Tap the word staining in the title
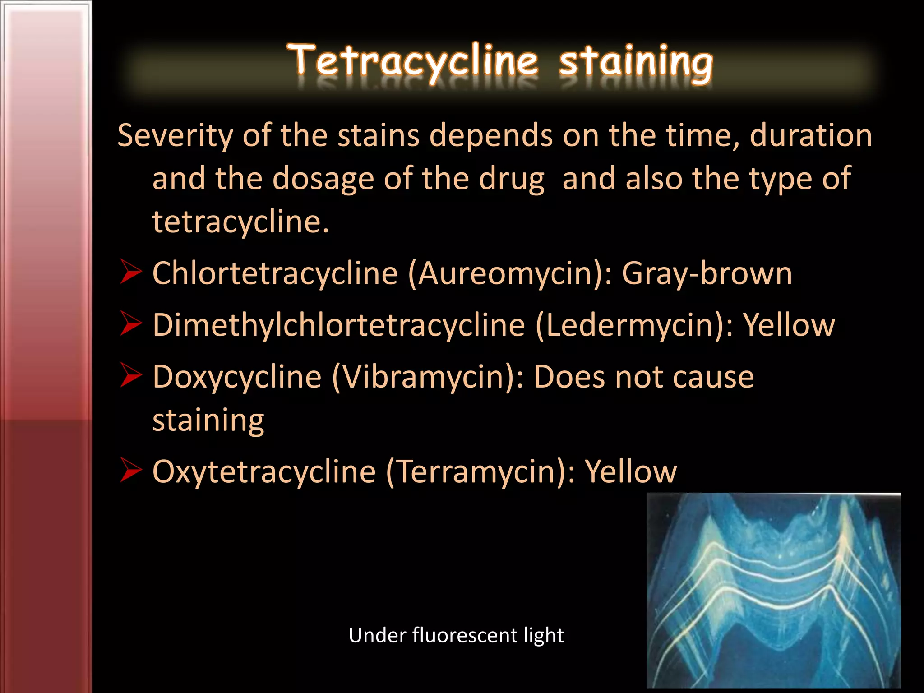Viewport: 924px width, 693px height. [636, 63]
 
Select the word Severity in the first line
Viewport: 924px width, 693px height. [175, 136]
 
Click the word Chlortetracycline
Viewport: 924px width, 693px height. [275, 273]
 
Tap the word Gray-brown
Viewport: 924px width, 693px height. [707, 273]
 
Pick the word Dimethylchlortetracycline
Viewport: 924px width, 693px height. [339, 325]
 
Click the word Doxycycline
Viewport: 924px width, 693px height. [237, 377]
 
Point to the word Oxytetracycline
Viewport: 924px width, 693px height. [264, 472]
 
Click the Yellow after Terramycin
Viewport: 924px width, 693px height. [631, 472]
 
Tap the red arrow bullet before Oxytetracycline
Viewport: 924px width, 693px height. [131, 470]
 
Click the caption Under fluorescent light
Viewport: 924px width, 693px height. [456, 635]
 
